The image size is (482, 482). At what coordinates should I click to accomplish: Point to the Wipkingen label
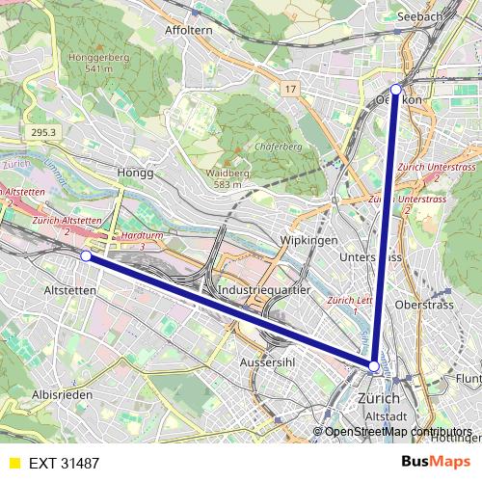(305, 239)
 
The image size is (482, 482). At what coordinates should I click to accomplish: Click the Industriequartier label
(265, 288)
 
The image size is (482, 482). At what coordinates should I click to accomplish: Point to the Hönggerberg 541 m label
(94, 63)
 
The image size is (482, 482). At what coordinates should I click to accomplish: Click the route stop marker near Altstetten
(86, 256)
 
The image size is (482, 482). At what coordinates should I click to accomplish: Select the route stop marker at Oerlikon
(395, 89)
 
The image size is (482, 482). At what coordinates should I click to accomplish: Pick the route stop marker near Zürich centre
(374, 366)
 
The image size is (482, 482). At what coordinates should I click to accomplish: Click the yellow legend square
(13, 464)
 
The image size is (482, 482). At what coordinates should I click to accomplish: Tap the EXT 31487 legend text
(65, 464)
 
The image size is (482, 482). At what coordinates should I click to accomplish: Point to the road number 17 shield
(289, 89)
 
